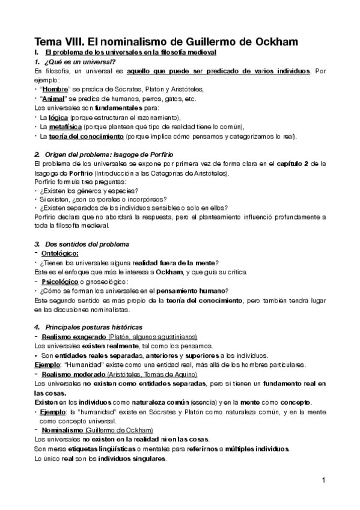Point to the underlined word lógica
tap(59, 118)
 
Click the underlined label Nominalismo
tap(61, 431)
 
